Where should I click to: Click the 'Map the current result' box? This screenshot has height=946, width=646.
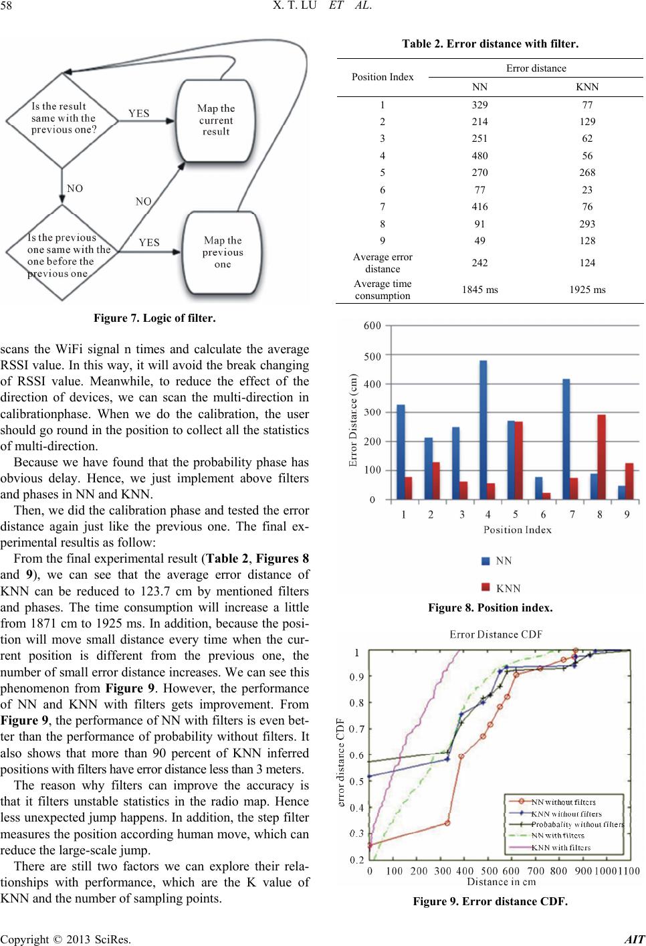[x=215, y=120]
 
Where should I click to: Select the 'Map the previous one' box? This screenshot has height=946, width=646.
[x=223, y=253]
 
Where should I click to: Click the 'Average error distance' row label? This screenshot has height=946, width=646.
[x=383, y=263]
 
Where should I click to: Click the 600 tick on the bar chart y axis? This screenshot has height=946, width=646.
[x=372, y=326]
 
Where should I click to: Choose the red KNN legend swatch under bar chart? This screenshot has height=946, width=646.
[x=486, y=588]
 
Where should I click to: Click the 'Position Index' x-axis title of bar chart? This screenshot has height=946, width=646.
[x=518, y=530]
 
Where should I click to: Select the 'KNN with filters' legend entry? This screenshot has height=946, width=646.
[x=560, y=848]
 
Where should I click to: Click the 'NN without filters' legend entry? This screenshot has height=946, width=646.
[x=563, y=801]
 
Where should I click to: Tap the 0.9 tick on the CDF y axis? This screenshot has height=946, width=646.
[x=358, y=676]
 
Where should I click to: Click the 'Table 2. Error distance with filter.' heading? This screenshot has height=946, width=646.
[x=490, y=44]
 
